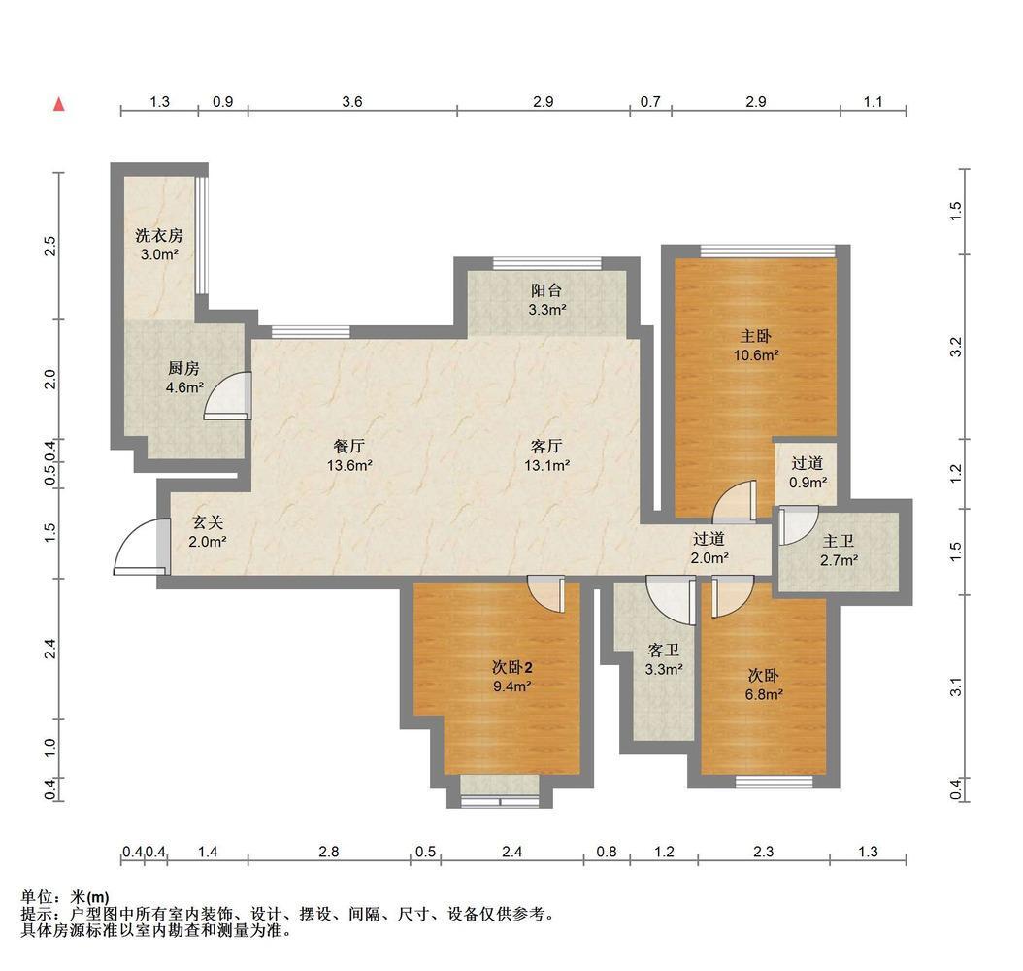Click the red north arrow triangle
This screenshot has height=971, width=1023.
pyautogui.click(x=59, y=105)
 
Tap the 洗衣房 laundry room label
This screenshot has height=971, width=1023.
pyautogui.click(x=159, y=235)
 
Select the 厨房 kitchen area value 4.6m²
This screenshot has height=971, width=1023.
pyautogui.click(x=184, y=387)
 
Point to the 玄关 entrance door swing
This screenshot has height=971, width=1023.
pyautogui.click(x=130, y=535)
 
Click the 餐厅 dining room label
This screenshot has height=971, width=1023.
pyautogui.click(x=349, y=447)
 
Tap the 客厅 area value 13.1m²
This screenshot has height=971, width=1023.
pyautogui.click(x=546, y=466)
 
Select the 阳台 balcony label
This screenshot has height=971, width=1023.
pyautogui.click(x=546, y=290)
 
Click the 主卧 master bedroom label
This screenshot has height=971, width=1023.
pyautogui.click(x=755, y=336)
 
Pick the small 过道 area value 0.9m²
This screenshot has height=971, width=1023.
pyautogui.click(x=808, y=483)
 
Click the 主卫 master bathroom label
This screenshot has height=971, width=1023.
pyautogui.click(x=839, y=541)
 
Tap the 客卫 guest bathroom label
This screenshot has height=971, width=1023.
pyautogui.click(x=664, y=650)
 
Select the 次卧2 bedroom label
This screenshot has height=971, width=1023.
pyautogui.click(x=512, y=667)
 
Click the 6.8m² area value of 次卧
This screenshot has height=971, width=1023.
pyautogui.click(x=764, y=695)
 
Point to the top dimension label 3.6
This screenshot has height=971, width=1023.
pyautogui.click(x=351, y=101)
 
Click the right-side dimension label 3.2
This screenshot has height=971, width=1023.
pyautogui.click(x=956, y=347)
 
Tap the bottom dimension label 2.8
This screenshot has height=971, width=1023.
pyautogui.click(x=329, y=852)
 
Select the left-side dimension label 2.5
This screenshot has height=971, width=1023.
pyautogui.click(x=50, y=246)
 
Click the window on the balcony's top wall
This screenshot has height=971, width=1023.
pyautogui.click(x=546, y=263)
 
